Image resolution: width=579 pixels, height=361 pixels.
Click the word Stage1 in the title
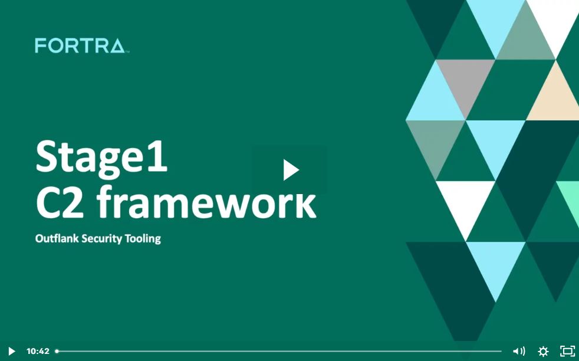pos(101,157)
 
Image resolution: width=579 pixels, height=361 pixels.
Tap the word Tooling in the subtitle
pos(143,239)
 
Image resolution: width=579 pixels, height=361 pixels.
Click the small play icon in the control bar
pos(11,351)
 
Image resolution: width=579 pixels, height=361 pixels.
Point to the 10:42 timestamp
pos(38,351)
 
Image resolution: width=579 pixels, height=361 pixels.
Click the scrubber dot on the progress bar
pos(57,351)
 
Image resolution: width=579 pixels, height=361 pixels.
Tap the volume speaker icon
pos(518,351)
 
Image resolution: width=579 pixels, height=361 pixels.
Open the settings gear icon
pos(543,351)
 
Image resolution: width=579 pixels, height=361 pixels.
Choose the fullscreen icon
pos(567,351)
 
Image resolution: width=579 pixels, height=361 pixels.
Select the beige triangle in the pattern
pos(555,97)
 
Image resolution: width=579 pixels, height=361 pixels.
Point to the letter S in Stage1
pos(48,157)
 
